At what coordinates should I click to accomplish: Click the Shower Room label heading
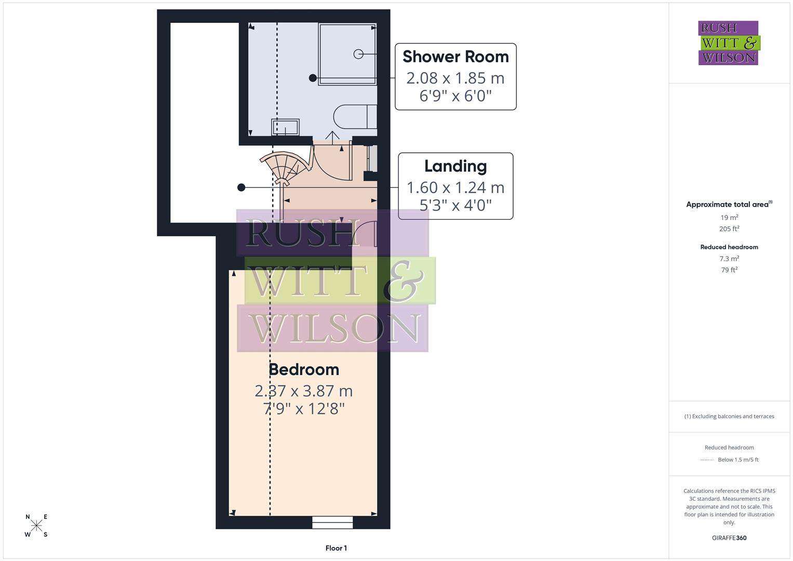coord(455,57)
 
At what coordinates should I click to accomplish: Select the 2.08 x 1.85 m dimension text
coord(455,78)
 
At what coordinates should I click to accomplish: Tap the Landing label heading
coord(455,166)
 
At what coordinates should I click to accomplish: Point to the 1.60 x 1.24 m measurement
coord(455,188)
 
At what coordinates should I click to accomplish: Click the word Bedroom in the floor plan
coord(304,369)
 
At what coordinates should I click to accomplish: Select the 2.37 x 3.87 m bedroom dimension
coord(304,391)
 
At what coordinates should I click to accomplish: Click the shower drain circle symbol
coord(358,54)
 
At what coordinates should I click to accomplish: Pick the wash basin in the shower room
coord(285,127)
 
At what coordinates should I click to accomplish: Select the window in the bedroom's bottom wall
coord(332,522)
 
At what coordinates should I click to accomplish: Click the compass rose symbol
coord(36,526)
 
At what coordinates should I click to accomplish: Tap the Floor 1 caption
coord(336,548)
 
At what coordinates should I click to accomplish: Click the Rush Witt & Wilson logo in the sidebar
coord(729,43)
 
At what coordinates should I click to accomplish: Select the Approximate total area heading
coord(729,204)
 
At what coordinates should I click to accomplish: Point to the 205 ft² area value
coord(729,229)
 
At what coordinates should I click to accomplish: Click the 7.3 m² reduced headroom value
coord(729,258)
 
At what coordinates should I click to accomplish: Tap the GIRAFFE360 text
coord(729,538)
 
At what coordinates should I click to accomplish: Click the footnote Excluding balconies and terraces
coord(729,416)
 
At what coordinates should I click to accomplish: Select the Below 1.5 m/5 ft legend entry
coord(737,460)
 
